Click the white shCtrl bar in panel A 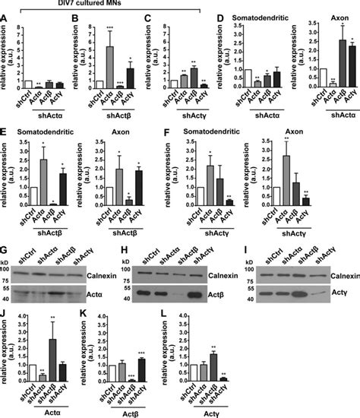[x=27, y=84]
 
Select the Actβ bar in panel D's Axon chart [x=333, y=63]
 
